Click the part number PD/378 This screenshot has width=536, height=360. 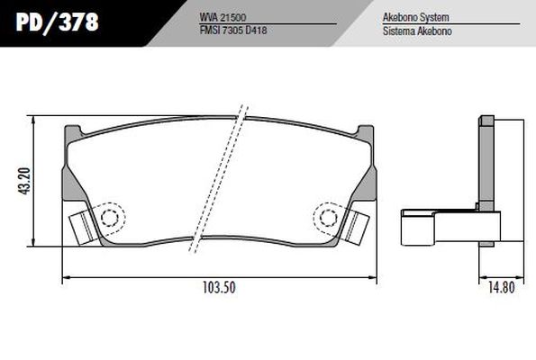click(x=57, y=22)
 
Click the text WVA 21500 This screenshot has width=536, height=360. click(x=223, y=17)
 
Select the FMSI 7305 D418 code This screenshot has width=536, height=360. click(x=233, y=30)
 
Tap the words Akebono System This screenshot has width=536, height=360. click(x=415, y=17)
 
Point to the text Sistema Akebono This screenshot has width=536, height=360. click(x=417, y=31)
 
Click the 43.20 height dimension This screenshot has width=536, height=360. click(x=25, y=181)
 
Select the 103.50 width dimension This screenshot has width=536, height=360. click(x=219, y=287)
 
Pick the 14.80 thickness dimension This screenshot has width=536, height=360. click(x=501, y=287)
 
